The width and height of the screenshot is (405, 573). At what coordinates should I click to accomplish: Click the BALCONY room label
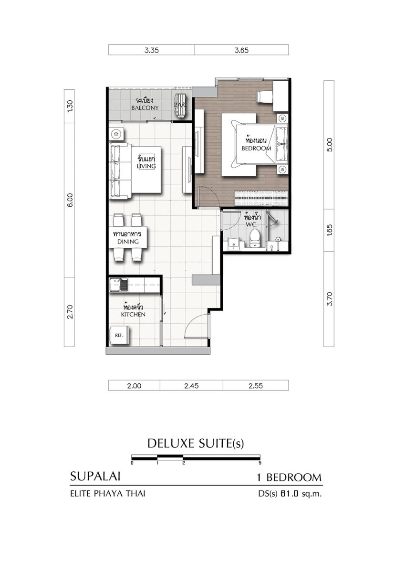[x=145, y=108]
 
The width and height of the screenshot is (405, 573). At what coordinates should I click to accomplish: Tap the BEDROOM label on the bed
[x=256, y=148]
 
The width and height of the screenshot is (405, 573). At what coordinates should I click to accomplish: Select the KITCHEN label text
[x=133, y=314]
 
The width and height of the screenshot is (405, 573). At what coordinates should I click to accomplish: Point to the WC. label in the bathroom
[x=251, y=225]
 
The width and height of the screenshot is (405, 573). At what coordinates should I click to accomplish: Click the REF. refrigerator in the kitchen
[x=119, y=335]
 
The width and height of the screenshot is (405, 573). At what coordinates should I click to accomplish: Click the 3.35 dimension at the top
[x=151, y=50]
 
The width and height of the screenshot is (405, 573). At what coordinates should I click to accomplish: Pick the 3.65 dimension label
[x=241, y=50]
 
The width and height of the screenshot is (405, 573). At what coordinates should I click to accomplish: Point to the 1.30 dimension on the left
[x=70, y=106]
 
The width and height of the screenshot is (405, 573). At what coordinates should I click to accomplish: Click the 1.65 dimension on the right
[x=329, y=230]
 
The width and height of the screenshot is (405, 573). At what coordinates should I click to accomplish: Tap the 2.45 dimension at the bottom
[x=191, y=385]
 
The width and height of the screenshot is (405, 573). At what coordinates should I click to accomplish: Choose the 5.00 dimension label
[x=329, y=145]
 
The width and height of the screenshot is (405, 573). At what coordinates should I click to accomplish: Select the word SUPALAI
[x=95, y=477]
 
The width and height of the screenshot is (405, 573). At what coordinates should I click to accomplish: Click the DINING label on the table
[x=128, y=242]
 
